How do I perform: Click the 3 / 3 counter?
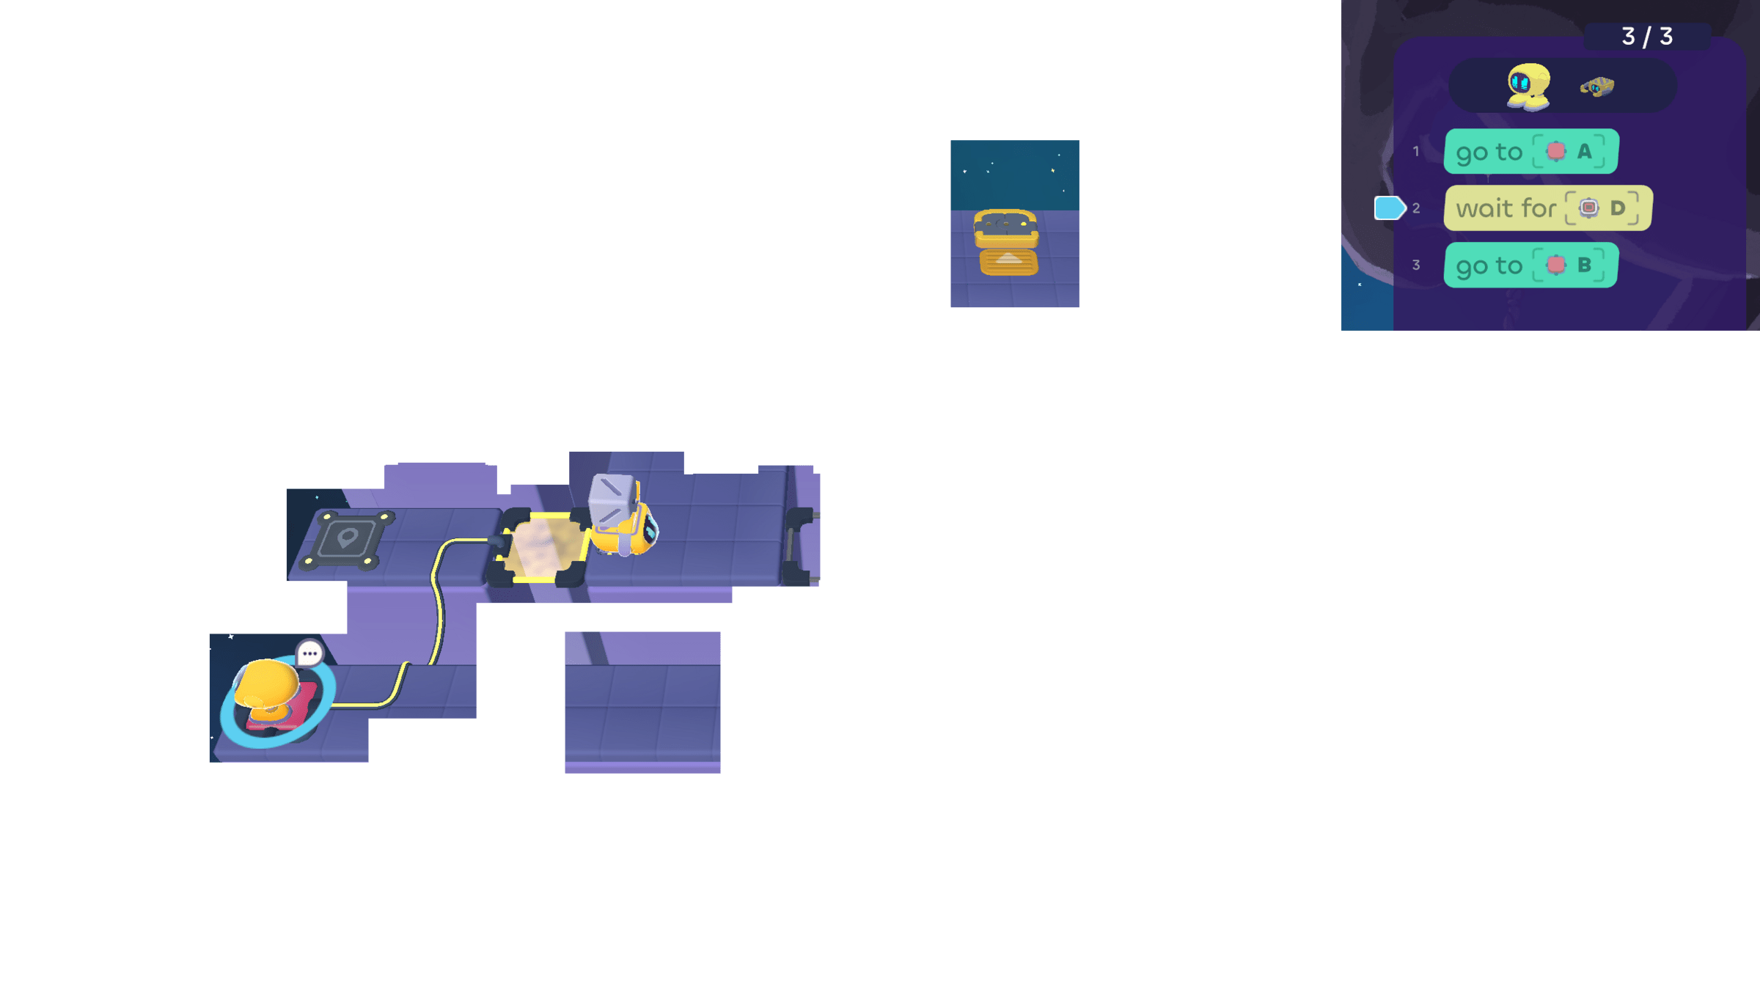pyautogui.click(x=1646, y=36)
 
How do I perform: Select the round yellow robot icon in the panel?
pyautogui.click(x=1528, y=87)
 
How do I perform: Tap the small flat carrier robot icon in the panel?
pyautogui.click(x=1596, y=87)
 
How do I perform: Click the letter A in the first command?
pyautogui.click(x=1584, y=151)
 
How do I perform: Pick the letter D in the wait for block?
pyautogui.click(x=1617, y=208)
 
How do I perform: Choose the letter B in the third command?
pyautogui.click(x=1584, y=265)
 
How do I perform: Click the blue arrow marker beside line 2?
pyautogui.click(x=1388, y=208)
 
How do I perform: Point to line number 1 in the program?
pyautogui.click(x=1416, y=151)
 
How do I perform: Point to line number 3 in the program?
pyautogui.click(x=1416, y=265)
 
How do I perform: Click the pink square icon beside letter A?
pyautogui.click(x=1555, y=151)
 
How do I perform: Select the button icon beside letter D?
pyautogui.click(x=1588, y=208)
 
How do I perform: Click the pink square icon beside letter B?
pyautogui.click(x=1555, y=265)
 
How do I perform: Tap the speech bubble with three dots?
pyautogui.click(x=309, y=653)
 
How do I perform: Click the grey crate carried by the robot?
pyautogui.click(x=612, y=499)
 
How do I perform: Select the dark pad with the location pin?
pyautogui.click(x=347, y=540)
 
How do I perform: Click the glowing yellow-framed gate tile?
pyautogui.click(x=541, y=549)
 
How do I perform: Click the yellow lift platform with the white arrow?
pyautogui.click(x=1008, y=260)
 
